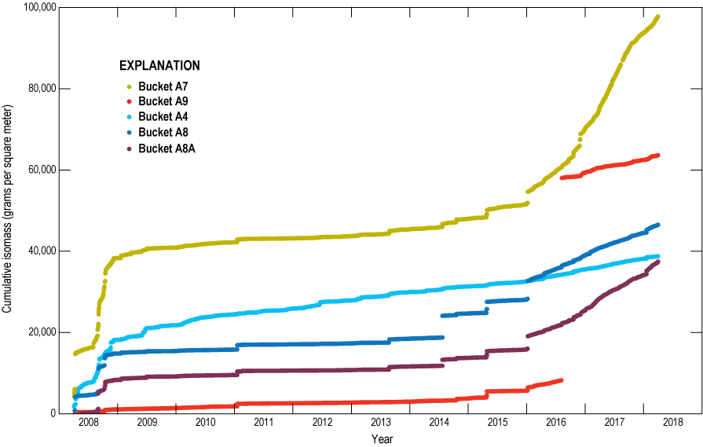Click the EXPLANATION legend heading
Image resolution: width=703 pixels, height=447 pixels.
159,65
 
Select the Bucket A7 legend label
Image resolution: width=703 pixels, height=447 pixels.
163,86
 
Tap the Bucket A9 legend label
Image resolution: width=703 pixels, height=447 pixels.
163,101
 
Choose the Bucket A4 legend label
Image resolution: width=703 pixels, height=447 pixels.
163,116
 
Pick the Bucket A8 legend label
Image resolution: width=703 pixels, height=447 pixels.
163,132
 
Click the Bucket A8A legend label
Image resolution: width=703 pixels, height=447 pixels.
167,148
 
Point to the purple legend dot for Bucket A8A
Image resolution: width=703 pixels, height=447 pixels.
130,148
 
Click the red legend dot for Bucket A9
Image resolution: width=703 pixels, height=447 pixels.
130,102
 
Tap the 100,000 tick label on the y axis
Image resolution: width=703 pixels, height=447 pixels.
39,8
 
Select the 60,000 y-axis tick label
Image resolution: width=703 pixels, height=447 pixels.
42,170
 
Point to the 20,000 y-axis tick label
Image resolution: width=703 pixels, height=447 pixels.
42,332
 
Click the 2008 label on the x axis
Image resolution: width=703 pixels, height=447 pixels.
88,423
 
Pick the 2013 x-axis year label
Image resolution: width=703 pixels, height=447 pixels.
381,423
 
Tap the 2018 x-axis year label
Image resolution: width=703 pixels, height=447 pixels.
673,423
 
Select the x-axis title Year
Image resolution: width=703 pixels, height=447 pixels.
383,438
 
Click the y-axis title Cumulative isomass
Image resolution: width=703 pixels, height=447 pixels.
7,210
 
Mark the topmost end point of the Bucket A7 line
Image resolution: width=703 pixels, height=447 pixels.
657,17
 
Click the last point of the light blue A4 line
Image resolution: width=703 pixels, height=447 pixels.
657,256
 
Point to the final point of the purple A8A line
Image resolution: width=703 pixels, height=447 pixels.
657,262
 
